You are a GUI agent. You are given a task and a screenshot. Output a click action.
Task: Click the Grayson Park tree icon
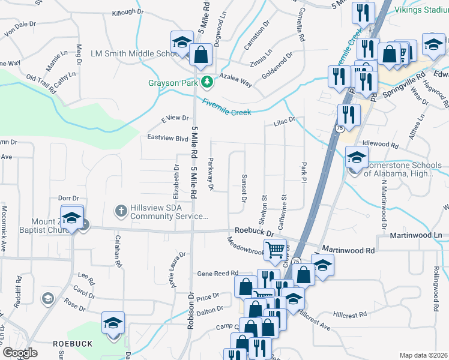tap(208, 82)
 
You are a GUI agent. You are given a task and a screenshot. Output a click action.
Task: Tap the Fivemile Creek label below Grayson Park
tap(226, 106)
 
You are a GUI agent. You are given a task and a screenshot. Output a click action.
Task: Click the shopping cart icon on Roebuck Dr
tap(275, 249)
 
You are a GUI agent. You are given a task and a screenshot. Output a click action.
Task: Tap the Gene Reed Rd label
tap(218, 273)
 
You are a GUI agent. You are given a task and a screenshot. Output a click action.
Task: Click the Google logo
tap(20, 353)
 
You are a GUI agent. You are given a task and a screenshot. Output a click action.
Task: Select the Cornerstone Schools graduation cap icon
tap(357, 158)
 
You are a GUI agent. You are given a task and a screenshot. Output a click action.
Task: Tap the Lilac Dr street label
tap(285, 121)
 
